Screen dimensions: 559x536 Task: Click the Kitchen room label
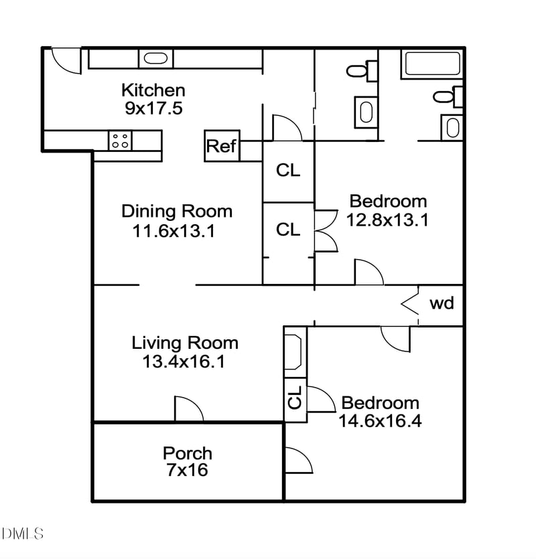click(x=153, y=90)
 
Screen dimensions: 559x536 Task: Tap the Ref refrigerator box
click(x=221, y=147)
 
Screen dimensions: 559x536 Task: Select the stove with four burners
click(x=121, y=141)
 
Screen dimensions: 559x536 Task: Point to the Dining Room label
click(x=177, y=212)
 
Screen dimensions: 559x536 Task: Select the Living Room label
click(x=185, y=343)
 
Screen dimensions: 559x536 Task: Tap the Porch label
click(x=188, y=453)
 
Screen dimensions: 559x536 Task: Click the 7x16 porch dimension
click(x=188, y=470)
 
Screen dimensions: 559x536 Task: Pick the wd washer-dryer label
click(x=442, y=303)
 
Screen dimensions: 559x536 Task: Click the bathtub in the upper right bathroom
click(x=432, y=64)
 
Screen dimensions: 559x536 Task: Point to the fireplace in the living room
click(x=294, y=352)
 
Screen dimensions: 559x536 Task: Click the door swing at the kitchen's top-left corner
click(x=65, y=60)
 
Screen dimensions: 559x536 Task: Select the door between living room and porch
click(x=188, y=409)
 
